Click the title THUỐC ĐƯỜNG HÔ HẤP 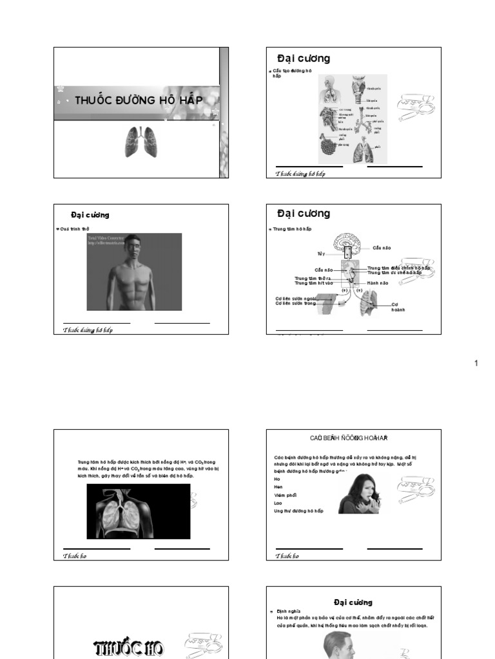tap(139, 100)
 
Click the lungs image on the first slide tap(141, 142)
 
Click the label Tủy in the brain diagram tap(321, 254)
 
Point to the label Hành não tap(378, 283)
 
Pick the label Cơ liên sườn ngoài tap(296, 298)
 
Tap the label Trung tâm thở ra tap(313, 278)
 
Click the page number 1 tap(476, 364)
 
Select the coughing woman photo tap(360, 494)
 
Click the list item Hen tap(278, 487)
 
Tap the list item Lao tap(278, 503)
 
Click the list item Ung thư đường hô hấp tap(298, 511)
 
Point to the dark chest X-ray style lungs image tap(138, 511)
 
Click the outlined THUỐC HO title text tap(129, 646)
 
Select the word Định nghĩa tap(284, 611)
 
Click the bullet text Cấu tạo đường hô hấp tap(292, 72)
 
